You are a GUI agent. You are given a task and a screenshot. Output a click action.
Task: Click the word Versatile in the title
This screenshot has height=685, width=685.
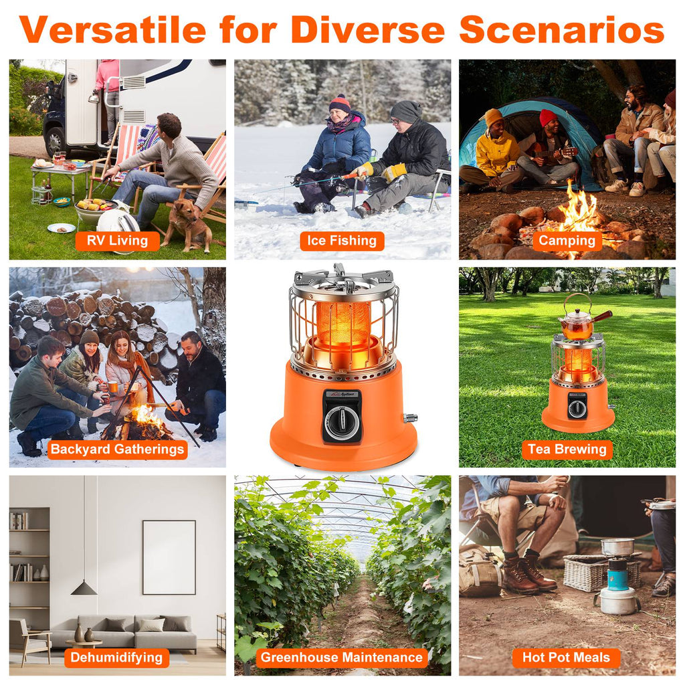pyautogui.click(x=112, y=29)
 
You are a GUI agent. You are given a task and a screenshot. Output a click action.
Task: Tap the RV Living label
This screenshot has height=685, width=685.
pyautogui.click(x=117, y=241)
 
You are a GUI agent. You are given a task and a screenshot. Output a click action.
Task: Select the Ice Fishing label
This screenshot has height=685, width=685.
pyautogui.click(x=342, y=241)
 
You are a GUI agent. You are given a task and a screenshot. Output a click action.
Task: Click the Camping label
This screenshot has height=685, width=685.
pyautogui.click(x=567, y=241)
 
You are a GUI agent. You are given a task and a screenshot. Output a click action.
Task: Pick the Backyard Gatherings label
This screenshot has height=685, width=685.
pyautogui.click(x=117, y=450)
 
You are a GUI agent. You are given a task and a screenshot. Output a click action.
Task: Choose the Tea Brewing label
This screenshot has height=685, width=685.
pyautogui.click(x=567, y=450)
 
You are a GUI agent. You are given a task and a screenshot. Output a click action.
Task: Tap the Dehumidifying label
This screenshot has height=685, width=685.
pyautogui.click(x=117, y=658)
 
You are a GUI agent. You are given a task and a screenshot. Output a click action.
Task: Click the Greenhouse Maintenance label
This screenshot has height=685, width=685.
pyautogui.click(x=342, y=658)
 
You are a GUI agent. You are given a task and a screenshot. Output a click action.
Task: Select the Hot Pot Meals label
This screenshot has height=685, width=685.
pyautogui.click(x=566, y=658)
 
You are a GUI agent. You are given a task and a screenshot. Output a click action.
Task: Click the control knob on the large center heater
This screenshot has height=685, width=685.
pyautogui.click(x=342, y=423)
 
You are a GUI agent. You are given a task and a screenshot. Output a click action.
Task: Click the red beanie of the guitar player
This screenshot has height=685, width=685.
pyautogui.click(x=548, y=117)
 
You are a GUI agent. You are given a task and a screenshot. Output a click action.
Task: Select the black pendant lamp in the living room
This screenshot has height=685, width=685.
pyautogui.click(x=84, y=588)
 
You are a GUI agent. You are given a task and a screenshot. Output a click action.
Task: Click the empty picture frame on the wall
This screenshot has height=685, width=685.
pyautogui.click(x=169, y=557)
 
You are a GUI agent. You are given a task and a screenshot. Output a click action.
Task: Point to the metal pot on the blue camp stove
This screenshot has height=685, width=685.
pyautogui.click(x=617, y=547)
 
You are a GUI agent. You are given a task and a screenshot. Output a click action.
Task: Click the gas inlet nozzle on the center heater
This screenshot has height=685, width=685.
pyautogui.click(x=409, y=418)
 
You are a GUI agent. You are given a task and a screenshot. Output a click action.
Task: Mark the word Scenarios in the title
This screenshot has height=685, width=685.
pyautogui.click(x=561, y=29)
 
